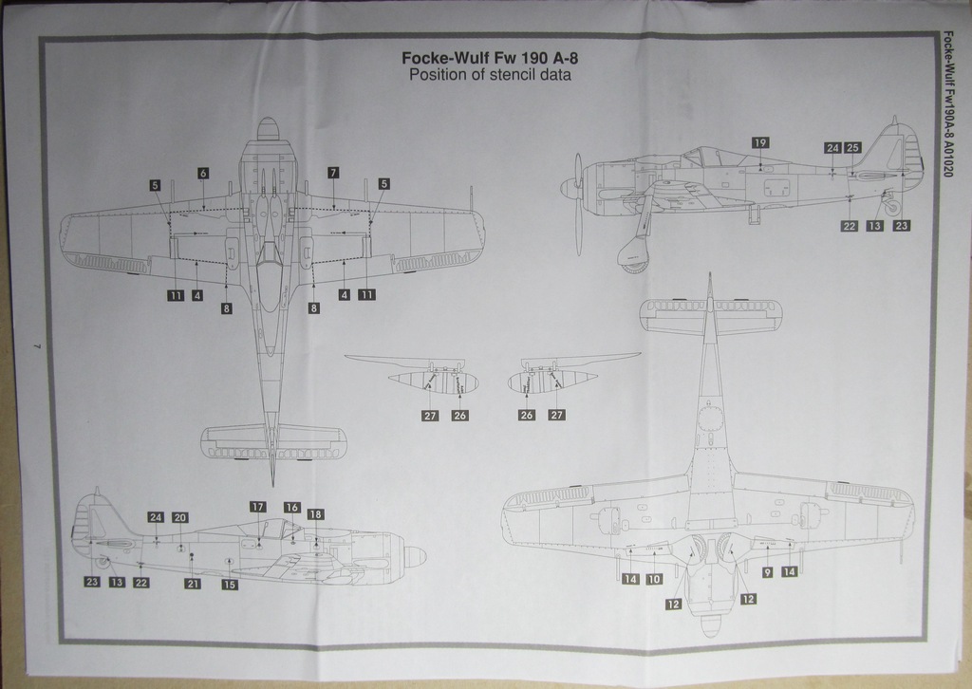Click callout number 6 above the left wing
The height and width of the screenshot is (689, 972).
tap(203, 174)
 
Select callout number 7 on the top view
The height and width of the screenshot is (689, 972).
tap(333, 173)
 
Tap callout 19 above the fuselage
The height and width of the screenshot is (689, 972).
tap(760, 142)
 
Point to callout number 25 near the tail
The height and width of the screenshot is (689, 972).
tap(852, 148)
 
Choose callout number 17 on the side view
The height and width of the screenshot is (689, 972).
tap(257, 507)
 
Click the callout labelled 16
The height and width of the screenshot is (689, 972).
tap(291, 508)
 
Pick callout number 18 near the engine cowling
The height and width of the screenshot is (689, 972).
tap(315, 514)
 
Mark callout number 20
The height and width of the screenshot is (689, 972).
tap(179, 517)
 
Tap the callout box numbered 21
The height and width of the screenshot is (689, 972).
tap(192, 584)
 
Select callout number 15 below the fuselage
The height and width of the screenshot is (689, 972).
tap(229, 585)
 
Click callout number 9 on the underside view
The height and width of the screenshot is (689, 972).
tap(767, 572)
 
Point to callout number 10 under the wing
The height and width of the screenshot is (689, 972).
tap(654, 579)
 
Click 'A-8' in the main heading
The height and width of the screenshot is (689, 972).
tap(561, 57)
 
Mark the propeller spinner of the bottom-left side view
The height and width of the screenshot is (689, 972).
tap(415, 556)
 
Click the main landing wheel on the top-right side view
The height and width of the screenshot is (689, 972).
tap(631, 256)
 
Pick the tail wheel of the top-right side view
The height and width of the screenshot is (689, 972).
tap(892, 206)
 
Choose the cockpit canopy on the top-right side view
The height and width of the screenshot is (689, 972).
tap(705, 156)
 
